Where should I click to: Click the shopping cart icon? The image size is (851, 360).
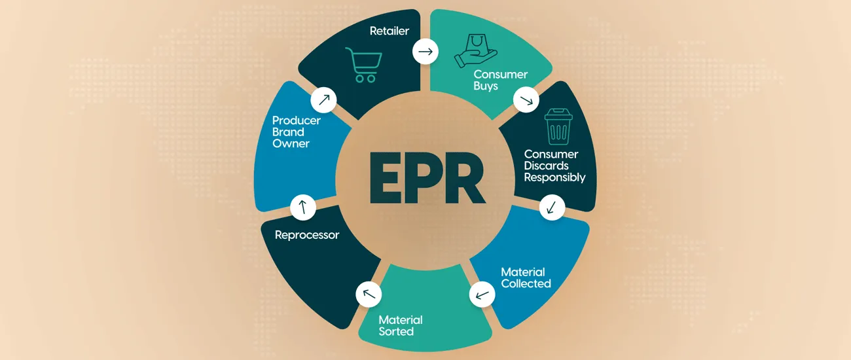point(363,65)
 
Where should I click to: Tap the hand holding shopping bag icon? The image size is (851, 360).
point(475,51)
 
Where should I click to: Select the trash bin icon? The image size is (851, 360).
point(558,126)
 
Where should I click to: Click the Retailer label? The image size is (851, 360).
point(389,31)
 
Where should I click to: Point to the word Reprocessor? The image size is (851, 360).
point(307,235)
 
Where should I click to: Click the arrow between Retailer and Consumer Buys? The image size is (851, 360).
point(425,51)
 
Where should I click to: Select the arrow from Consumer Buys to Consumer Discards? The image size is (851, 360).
point(526,100)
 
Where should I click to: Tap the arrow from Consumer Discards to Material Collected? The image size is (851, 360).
point(552,207)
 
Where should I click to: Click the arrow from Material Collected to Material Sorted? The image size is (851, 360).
point(482,295)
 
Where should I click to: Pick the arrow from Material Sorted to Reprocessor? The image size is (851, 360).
point(369,294)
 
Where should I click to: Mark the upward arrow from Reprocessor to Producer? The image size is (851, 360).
point(303,207)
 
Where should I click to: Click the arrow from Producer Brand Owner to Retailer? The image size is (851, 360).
point(324,100)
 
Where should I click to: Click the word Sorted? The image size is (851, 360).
point(396,331)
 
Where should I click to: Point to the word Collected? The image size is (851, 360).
point(526,283)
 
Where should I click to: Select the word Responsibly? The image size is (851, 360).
point(554,178)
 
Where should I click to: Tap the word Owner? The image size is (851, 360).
point(291,143)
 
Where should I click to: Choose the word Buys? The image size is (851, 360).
point(486,86)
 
